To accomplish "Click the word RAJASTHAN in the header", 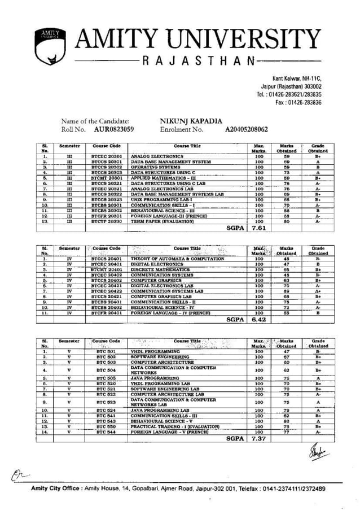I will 199,61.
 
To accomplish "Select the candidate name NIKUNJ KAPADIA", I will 191,121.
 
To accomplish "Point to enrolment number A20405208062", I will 246,129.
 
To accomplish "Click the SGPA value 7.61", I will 258,229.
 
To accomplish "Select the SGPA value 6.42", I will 258,319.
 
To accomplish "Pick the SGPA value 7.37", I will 258,438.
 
